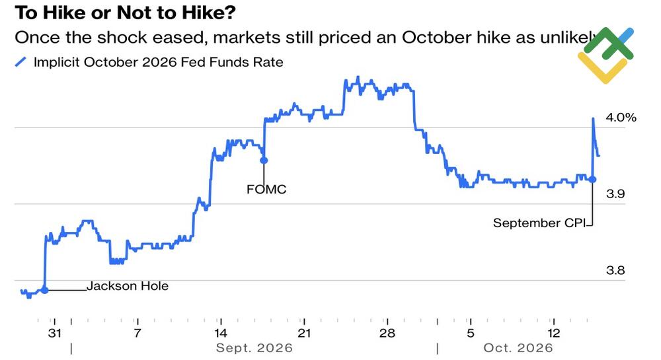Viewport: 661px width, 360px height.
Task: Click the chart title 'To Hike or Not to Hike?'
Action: pyautogui.click(x=125, y=13)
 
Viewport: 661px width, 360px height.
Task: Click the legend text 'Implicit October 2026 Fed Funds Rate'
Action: pyautogui.click(x=159, y=62)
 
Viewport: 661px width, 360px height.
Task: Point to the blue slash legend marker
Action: pyautogui.click(x=20, y=62)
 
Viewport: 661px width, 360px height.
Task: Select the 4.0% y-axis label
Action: pyautogui.click(x=621, y=117)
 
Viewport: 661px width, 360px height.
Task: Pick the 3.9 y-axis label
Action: pyautogui.click(x=615, y=194)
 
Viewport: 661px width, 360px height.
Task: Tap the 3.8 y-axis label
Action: pyautogui.click(x=615, y=270)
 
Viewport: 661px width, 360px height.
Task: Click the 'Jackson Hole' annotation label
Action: pyautogui.click(x=128, y=286)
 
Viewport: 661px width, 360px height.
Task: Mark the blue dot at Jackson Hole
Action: pyautogui.click(x=45, y=290)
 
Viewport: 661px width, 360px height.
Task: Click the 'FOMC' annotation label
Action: pyautogui.click(x=266, y=190)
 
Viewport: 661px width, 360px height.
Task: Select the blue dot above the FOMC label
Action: pyautogui.click(x=264, y=161)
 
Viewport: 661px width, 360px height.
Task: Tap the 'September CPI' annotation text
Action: pyautogui.click(x=539, y=223)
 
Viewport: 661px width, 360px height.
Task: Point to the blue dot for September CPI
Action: pyautogui.click(x=592, y=180)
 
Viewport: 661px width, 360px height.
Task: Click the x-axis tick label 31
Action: pyautogui.click(x=55, y=333)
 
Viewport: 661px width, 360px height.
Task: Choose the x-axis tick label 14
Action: pyautogui.click(x=221, y=333)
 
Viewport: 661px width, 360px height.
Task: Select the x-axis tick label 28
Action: pyautogui.click(x=387, y=333)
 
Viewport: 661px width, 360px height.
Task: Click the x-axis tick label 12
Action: pyautogui.click(x=553, y=333)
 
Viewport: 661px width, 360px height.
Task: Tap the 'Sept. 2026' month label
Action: pyautogui.click(x=254, y=348)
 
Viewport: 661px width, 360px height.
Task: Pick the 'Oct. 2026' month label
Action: pyautogui.click(x=518, y=348)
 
